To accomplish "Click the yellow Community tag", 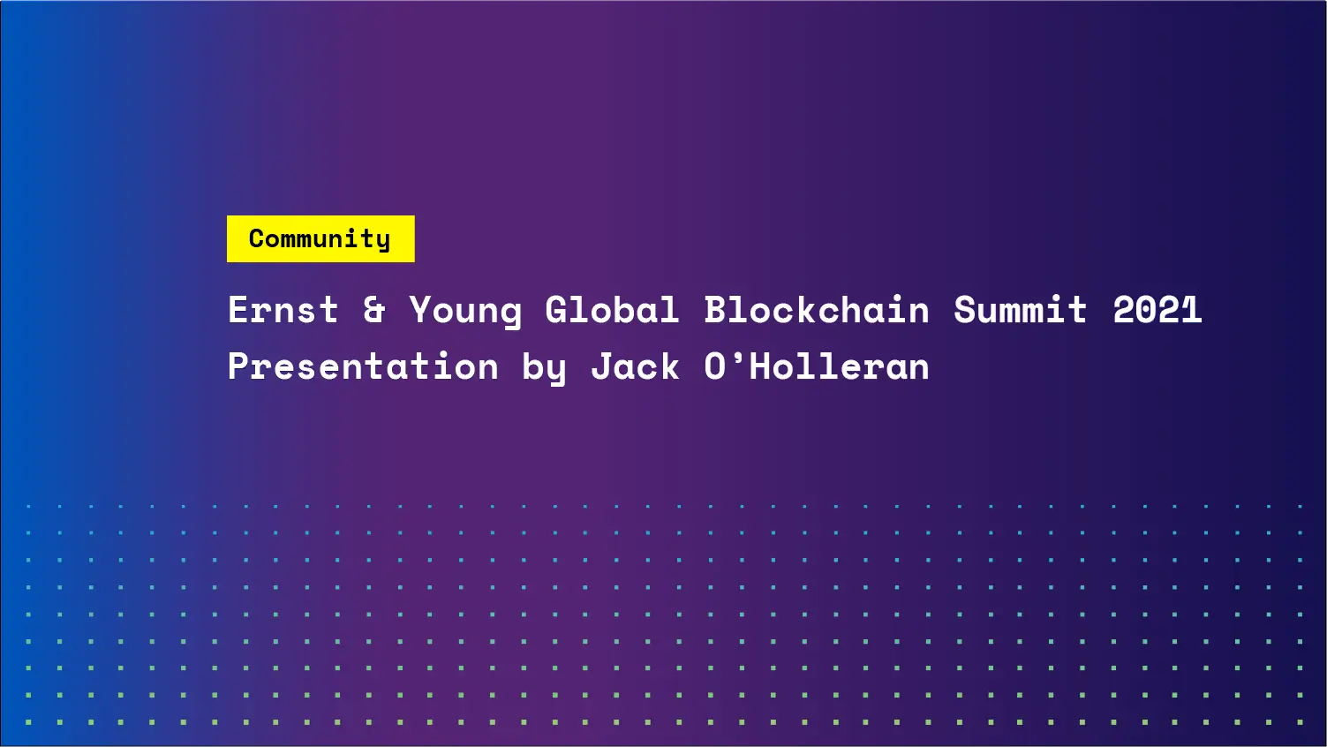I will [x=320, y=238].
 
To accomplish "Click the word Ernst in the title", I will [x=283, y=310].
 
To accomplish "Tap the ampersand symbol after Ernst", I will [x=374, y=310].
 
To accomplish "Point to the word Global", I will [x=612, y=310].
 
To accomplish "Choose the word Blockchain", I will [x=817, y=310].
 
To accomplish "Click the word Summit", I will [x=1020, y=310].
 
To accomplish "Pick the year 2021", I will [x=1157, y=310].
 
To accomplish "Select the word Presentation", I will [x=363, y=366].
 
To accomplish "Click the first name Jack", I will [x=635, y=366].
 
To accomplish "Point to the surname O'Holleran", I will [x=817, y=366].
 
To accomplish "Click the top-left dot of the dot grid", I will [x=28, y=506].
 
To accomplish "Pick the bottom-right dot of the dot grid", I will [x=1300, y=721].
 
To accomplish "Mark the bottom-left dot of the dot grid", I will [x=28, y=721].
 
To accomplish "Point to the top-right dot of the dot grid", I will [x=1300, y=506].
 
